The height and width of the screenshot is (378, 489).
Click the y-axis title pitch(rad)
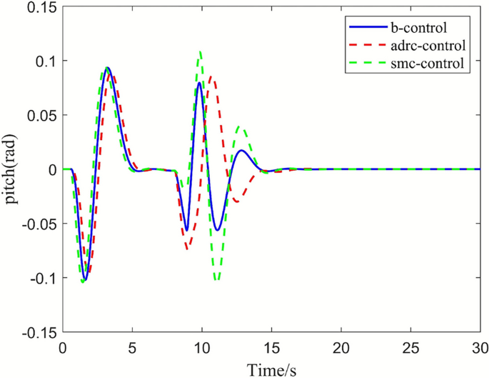click(13, 169)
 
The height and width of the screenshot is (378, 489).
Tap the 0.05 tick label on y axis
click(41, 115)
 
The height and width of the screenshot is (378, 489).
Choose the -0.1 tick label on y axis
click(41, 277)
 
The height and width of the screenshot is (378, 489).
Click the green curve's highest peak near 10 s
click(201, 51)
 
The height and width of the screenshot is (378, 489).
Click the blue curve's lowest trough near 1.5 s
click(85, 279)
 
